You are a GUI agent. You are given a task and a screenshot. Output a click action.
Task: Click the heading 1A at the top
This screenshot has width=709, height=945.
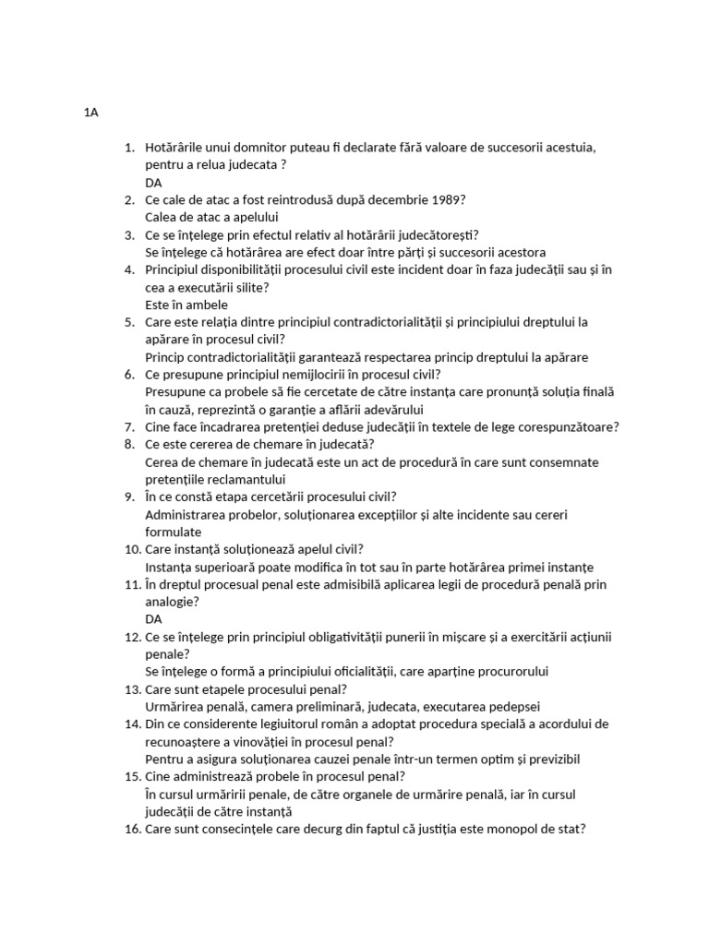coord(90,113)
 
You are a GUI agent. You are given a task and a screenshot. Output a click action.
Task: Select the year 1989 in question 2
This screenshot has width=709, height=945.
coord(447,199)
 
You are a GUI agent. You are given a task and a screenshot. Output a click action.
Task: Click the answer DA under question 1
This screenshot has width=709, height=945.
coord(154,182)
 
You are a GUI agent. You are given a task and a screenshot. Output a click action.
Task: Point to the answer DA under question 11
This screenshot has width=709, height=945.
coord(154,619)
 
